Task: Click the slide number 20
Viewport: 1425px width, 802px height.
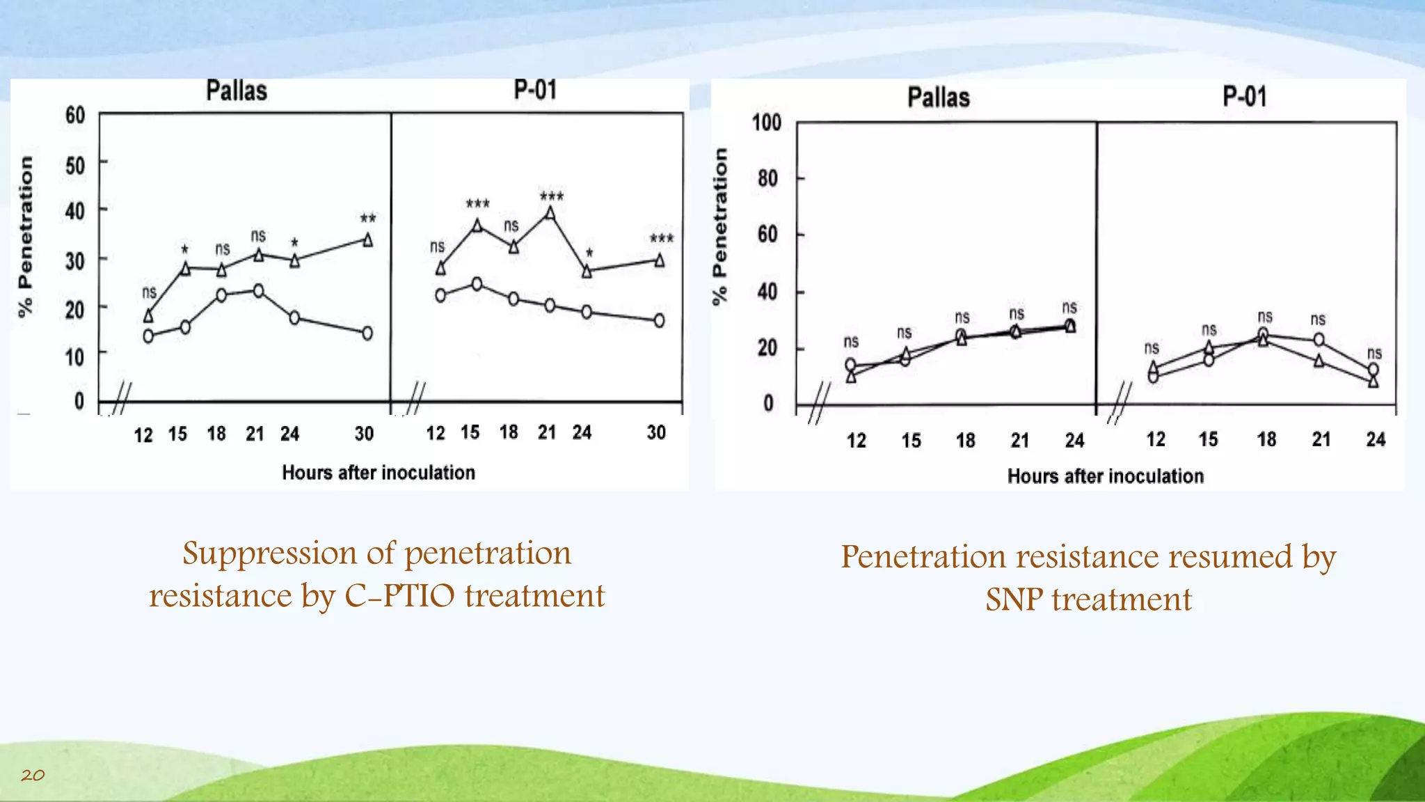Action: tap(33, 775)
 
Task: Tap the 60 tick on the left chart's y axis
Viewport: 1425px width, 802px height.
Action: tap(75, 115)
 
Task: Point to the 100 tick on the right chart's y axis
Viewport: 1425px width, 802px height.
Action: tap(766, 123)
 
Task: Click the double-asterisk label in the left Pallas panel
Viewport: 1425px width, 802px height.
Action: tap(368, 219)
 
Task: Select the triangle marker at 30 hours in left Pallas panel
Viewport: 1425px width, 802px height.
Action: tap(367, 240)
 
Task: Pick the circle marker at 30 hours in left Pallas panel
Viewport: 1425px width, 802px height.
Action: tap(367, 333)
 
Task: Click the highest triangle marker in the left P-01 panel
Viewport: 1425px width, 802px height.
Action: tap(550, 214)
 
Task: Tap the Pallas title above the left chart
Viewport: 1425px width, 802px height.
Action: tap(237, 91)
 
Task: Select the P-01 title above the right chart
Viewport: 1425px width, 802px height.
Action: tap(1244, 97)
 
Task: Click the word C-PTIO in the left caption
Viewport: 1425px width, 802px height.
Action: tap(399, 596)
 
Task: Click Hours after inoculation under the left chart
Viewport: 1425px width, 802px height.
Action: tap(379, 473)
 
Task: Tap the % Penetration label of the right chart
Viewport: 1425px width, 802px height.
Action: tap(720, 226)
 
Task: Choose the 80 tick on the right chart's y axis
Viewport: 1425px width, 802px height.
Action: tap(767, 179)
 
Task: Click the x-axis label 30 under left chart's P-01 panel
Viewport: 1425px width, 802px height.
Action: tap(656, 433)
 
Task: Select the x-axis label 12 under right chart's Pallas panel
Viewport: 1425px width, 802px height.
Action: tap(856, 441)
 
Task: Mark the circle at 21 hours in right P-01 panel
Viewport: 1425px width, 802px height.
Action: tap(1319, 340)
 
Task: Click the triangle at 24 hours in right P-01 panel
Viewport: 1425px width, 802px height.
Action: tap(1373, 382)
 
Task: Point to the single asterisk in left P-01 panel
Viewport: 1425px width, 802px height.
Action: tap(589, 254)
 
